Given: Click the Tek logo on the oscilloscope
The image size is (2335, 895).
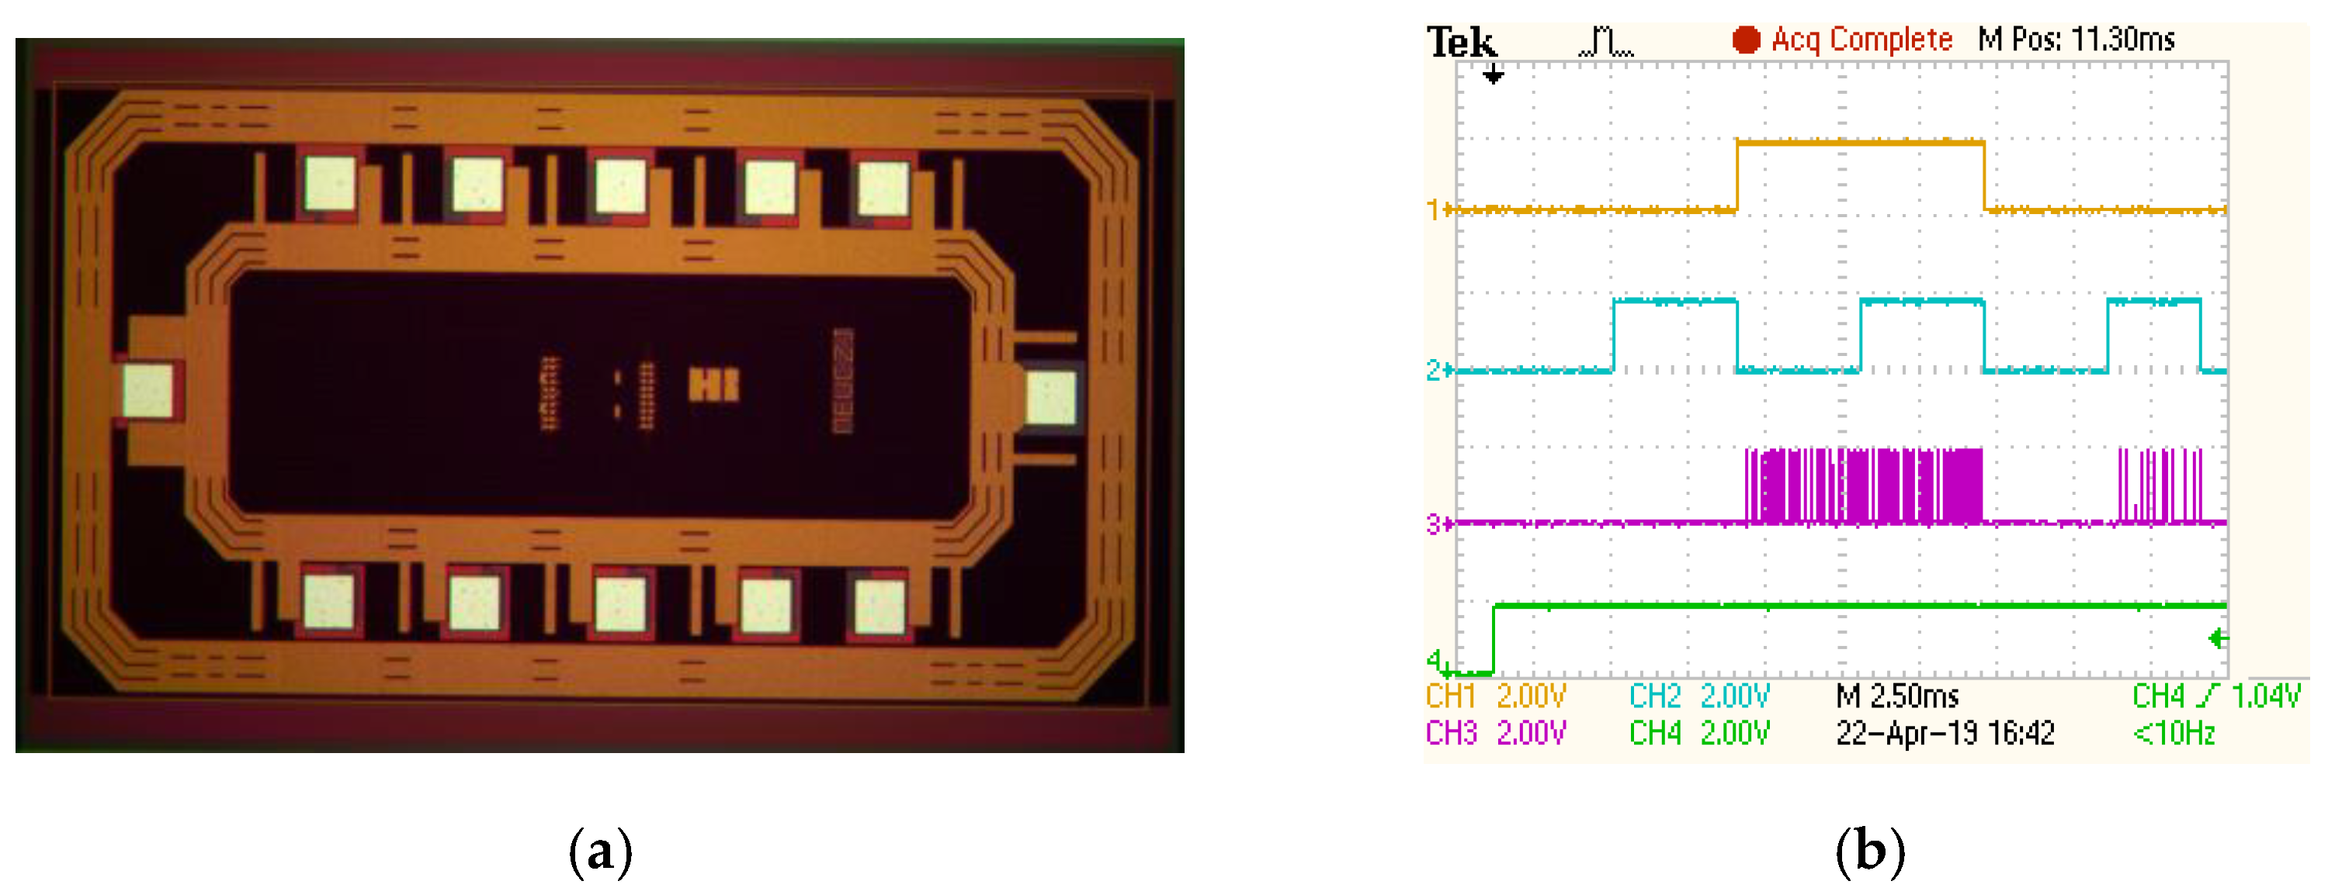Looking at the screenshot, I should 1460,42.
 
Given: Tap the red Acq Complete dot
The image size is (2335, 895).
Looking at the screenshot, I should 1745,40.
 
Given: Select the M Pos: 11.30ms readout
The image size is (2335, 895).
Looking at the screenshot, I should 2076,40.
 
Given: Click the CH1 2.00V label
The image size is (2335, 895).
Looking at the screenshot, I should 1496,696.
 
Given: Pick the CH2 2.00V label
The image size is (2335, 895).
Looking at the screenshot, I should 1698,696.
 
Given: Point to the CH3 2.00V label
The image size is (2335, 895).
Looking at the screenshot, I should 1496,733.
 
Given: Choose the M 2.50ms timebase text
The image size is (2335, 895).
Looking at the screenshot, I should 1897,696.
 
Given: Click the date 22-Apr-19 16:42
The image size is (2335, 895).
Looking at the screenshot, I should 1945,733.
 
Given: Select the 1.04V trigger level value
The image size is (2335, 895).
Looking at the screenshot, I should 2265,696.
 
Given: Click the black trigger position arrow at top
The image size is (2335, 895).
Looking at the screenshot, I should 1493,77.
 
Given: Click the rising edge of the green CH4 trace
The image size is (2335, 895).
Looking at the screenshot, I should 1494,638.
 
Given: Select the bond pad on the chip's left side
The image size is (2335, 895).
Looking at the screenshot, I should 147,392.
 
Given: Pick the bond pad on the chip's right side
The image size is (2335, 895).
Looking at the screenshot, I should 1050,399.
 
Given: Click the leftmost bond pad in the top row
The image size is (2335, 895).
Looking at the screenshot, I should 329,184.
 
